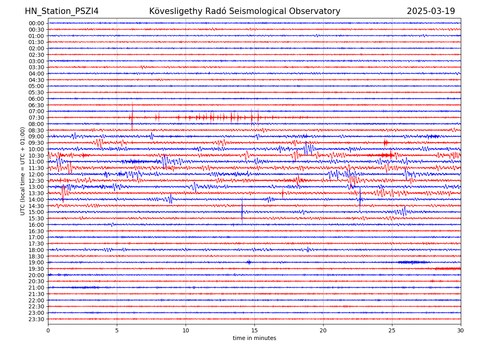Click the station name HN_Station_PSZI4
pyautogui.click(x=62, y=12)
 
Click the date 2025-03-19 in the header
pyautogui.click(x=431, y=12)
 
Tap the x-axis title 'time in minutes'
pyautogui.click(x=254, y=338)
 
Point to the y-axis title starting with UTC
pyautogui.click(x=23, y=171)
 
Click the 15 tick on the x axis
pyautogui.click(x=254, y=330)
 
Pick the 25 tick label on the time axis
pyautogui.click(x=392, y=330)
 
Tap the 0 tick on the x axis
pyautogui.click(x=48, y=330)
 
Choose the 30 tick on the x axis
pyautogui.click(x=461, y=330)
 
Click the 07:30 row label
pyautogui.click(x=36, y=118)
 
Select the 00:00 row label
pyautogui.click(x=36, y=23)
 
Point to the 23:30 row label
pyautogui.click(x=36, y=319)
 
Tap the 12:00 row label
pyautogui.click(x=36, y=174)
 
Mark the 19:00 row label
pyautogui.click(x=36, y=262)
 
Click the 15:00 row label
pyautogui.click(x=36, y=212)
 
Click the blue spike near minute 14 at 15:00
pyautogui.click(x=242, y=209)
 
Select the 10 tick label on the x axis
pyautogui.click(x=186, y=330)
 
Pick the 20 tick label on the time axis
pyautogui.click(x=323, y=330)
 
